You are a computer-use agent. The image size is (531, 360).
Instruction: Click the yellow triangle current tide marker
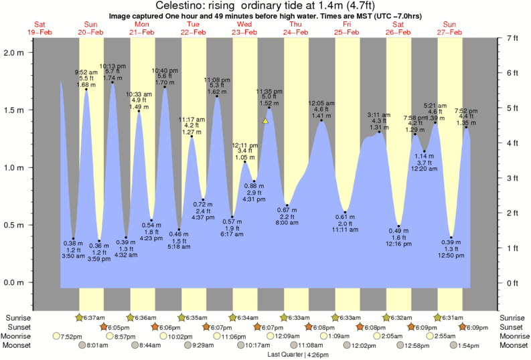pyautogui.click(x=266, y=121)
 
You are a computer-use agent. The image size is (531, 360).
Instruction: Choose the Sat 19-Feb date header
pyautogui.click(x=40, y=28)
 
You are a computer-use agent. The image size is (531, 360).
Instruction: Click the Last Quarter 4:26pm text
pyautogui.click(x=289, y=354)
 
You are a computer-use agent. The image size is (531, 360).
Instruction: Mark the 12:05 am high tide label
pyautogui.click(x=321, y=103)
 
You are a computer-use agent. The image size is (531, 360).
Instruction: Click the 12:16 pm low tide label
pyautogui.click(x=398, y=245)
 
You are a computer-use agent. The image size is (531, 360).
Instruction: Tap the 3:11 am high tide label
pyautogui.click(x=379, y=115)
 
